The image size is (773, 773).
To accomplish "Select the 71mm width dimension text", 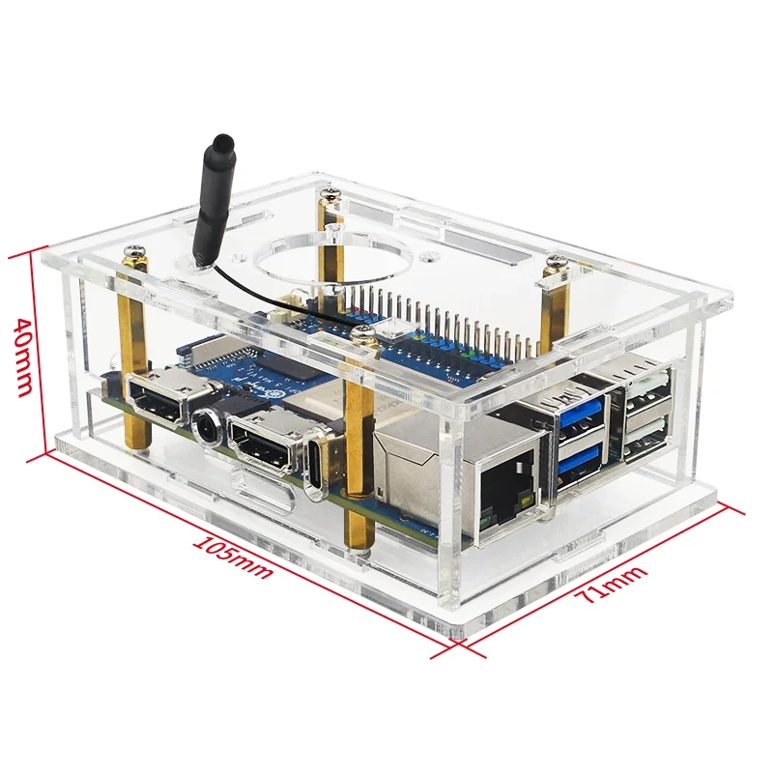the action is tap(611, 586).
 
